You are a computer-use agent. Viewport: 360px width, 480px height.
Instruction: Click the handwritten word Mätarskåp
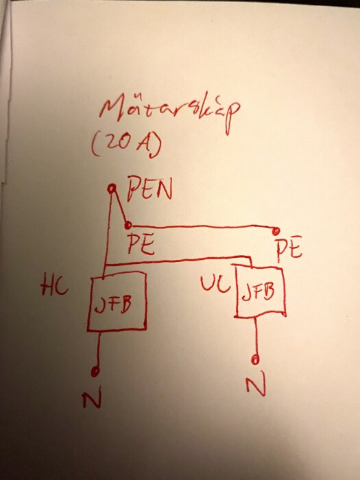click(x=170, y=112)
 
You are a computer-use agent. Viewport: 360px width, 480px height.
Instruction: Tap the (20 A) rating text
click(x=126, y=145)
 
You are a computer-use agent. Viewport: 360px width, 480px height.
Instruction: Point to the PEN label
click(x=149, y=189)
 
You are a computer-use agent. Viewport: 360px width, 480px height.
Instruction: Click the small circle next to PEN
click(x=112, y=189)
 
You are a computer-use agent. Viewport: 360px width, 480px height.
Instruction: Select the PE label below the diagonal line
click(x=141, y=244)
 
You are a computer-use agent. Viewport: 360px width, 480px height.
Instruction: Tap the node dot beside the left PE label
click(x=128, y=226)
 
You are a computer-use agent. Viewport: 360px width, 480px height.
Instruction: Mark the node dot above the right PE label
click(x=276, y=230)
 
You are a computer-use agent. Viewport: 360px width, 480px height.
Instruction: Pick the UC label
click(x=215, y=283)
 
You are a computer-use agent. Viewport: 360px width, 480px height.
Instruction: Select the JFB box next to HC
click(x=117, y=302)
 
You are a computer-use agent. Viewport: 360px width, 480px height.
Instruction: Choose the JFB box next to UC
click(x=260, y=291)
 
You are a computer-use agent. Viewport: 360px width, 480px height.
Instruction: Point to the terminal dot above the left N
click(x=95, y=372)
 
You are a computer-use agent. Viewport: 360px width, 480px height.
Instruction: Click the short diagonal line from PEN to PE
click(x=120, y=207)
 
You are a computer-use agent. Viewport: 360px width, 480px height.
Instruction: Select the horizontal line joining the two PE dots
click(x=202, y=227)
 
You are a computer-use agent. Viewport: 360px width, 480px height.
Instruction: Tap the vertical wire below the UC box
click(x=256, y=336)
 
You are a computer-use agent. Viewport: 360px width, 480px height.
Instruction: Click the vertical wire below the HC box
click(x=98, y=350)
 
